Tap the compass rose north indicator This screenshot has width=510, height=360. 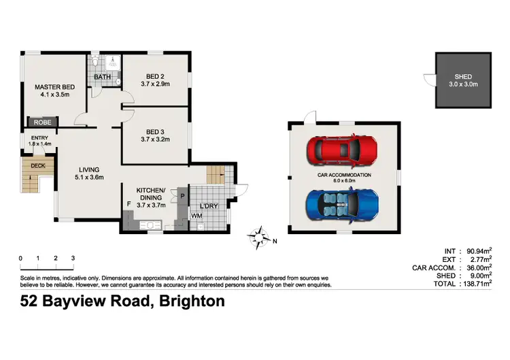tap(259, 238)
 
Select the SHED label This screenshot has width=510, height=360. tap(462, 77)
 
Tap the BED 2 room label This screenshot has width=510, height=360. tap(155, 76)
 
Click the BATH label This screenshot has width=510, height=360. tap(102, 77)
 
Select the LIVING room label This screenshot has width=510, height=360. tap(88, 169)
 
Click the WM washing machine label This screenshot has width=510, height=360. tap(196, 216)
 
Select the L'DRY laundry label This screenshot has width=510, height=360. tap(207, 206)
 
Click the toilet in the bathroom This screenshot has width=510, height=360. tap(99, 62)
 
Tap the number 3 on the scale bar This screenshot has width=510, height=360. tap(72, 259)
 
